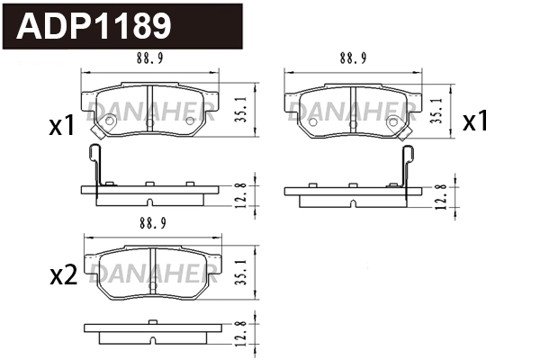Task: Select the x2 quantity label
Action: click(x=62, y=276)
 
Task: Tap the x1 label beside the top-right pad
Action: click(x=475, y=122)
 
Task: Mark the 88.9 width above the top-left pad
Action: click(x=151, y=59)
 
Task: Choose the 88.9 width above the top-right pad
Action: click(x=353, y=59)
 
